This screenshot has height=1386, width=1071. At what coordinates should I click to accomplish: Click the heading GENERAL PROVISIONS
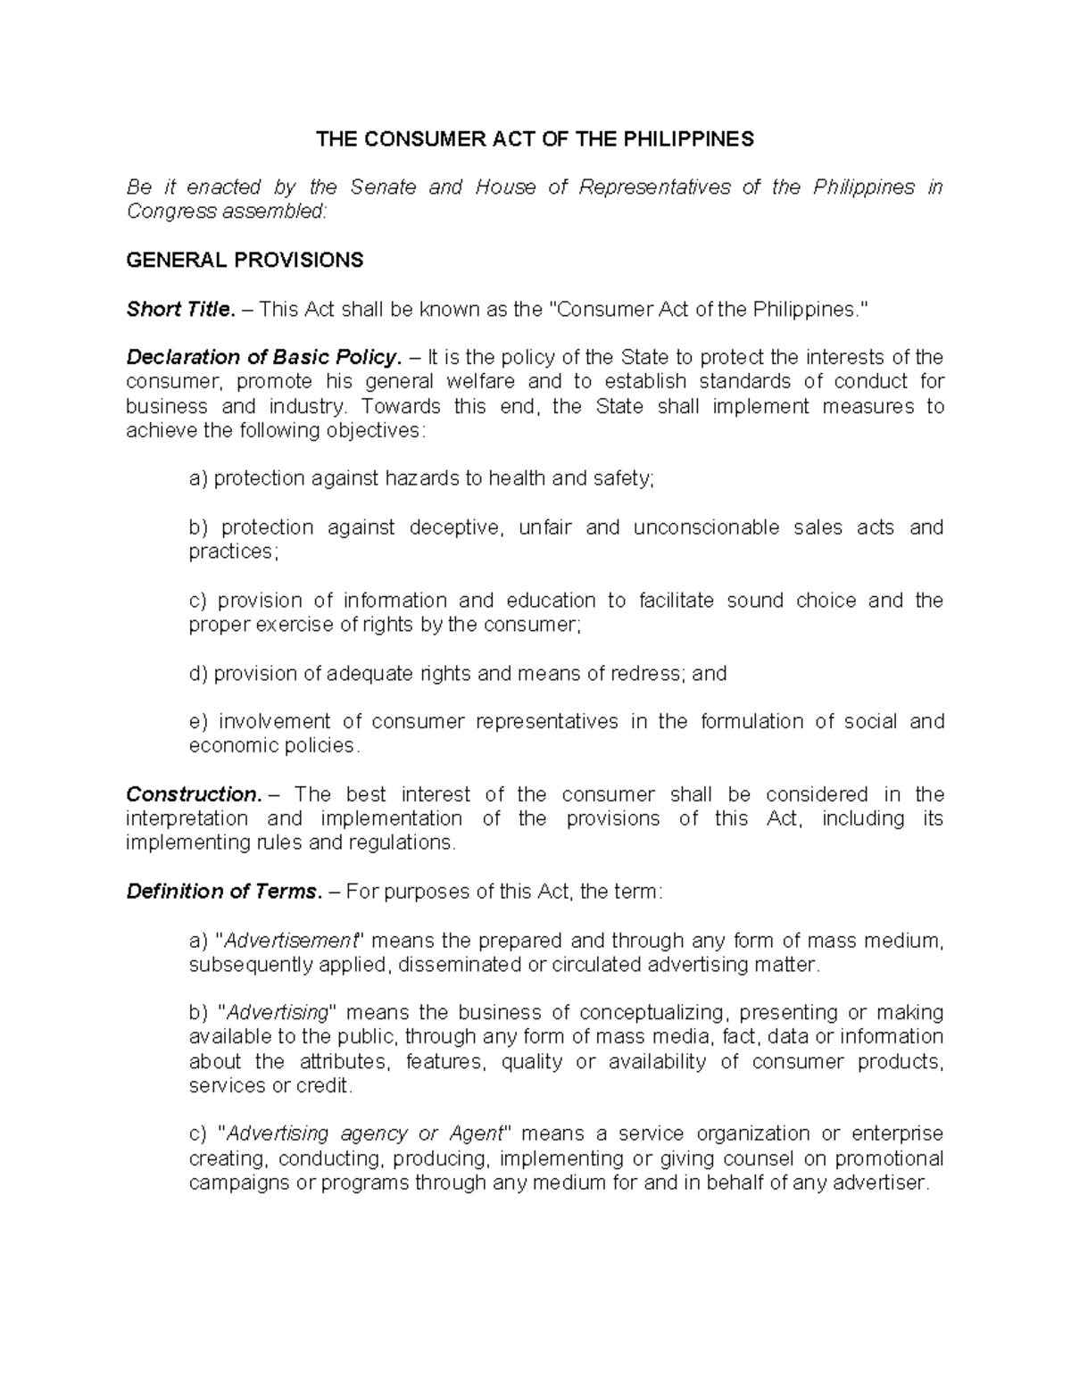(245, 261)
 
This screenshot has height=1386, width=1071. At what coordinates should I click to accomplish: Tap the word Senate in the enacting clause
(383, 187)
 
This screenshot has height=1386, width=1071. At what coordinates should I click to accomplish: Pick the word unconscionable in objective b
(706, 527)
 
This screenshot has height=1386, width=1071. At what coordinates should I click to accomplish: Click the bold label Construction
(194, 794)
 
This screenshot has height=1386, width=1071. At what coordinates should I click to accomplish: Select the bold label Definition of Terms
(223, 892)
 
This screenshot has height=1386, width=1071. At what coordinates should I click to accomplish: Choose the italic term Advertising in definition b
(278, 1013)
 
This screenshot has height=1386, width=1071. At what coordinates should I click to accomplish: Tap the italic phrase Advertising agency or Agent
(364, 1134)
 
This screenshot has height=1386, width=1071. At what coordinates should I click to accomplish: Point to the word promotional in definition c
(885, 1159)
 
